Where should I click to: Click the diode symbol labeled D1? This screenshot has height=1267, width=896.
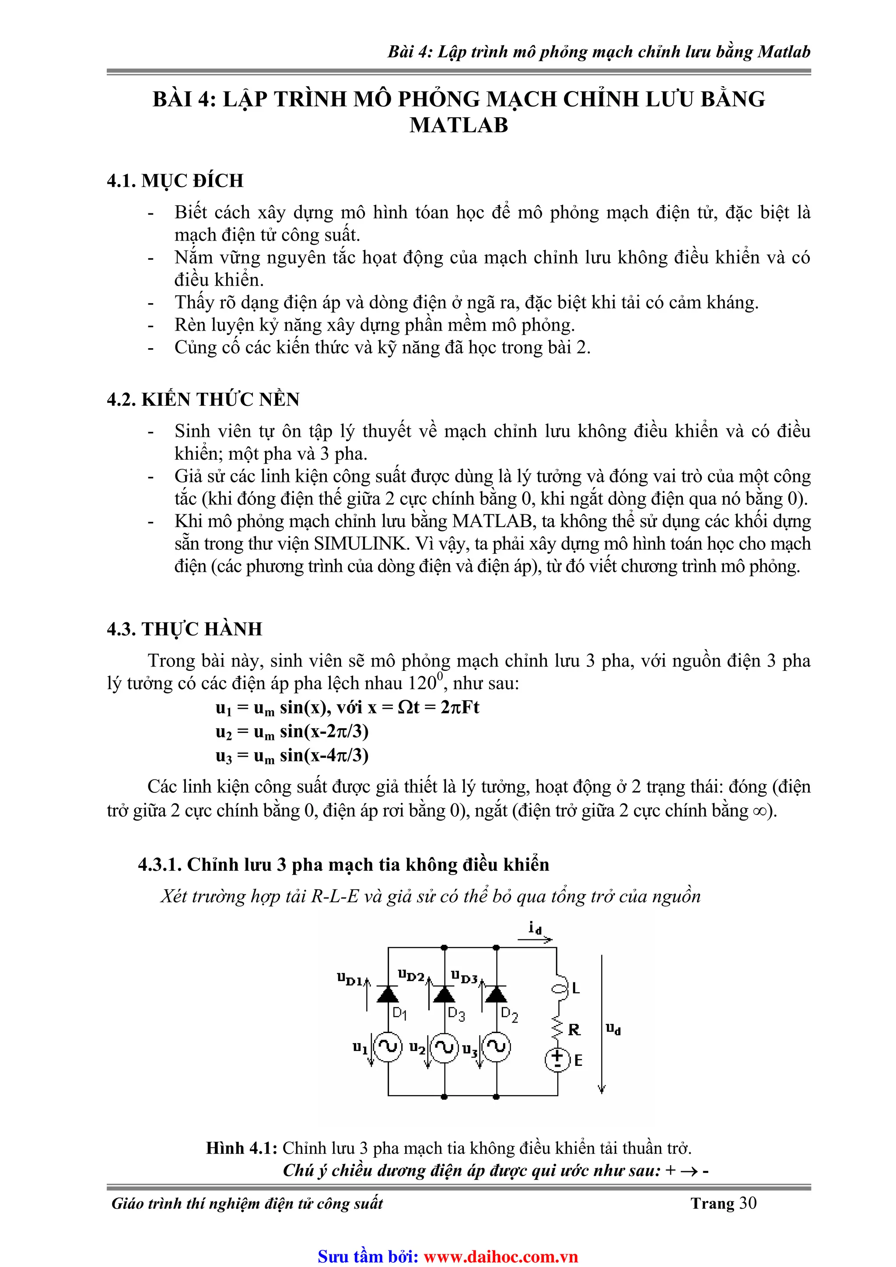[388, 994]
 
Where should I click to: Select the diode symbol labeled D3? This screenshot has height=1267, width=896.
[444, 994]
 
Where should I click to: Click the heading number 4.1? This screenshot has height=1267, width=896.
[122, 181]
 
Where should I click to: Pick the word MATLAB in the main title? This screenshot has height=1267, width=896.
[459, 125]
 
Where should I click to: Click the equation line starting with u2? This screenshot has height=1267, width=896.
[291, 732]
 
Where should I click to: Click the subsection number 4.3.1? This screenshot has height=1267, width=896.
[160, 865]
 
